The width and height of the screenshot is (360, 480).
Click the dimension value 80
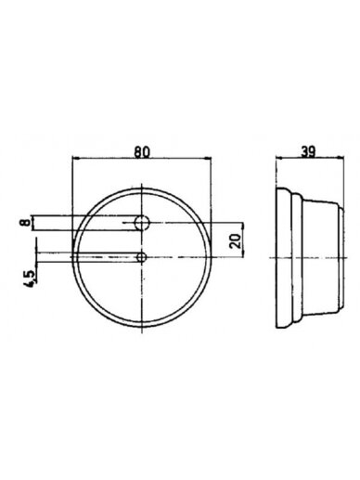pos(142,151)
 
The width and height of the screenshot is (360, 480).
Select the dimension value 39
pos(308,151)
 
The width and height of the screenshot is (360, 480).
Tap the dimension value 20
pos(236,241)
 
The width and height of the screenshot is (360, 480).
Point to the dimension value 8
pos(26,223)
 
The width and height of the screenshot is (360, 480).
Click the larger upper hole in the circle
pos(142,222)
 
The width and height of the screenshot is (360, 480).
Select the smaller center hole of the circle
pos(141,257)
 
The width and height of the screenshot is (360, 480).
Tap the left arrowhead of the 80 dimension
pos(75,159)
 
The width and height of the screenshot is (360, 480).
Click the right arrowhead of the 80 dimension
pos(208,159)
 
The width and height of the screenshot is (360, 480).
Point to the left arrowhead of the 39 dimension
pos(279,158)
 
